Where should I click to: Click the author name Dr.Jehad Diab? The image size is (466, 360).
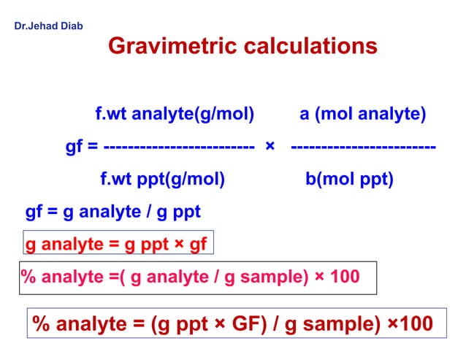tap(49, 26)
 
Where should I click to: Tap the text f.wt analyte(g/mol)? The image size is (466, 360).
tap(175, 115)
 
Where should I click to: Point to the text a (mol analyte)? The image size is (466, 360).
tap(363, 115)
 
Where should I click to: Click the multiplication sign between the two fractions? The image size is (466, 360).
tap(270, 148)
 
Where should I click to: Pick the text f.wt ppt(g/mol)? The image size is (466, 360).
tap(161, 180)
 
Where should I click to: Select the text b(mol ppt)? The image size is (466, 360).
tap(349, 180)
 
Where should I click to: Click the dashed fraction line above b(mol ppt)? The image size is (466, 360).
tap(363, 148)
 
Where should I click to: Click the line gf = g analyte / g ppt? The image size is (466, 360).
tap(112, 212)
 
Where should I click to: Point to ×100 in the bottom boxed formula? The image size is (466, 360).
tap(406, 323)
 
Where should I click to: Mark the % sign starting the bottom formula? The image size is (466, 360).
tap(42, 323)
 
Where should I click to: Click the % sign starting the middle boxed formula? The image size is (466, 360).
tap(28, 277)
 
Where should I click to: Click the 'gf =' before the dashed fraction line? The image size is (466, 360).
tap(82, 148)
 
